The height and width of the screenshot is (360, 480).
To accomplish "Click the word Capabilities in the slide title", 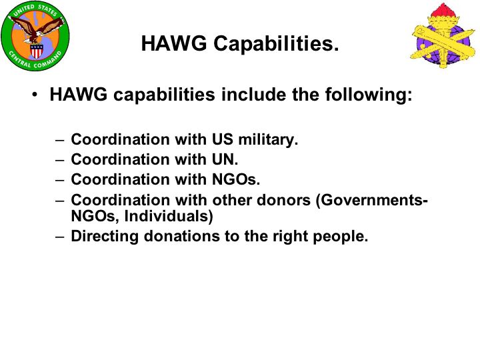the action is pyautogui.click(x=276, y=44).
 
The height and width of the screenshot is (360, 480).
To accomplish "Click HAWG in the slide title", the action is pyautogui.click(x=174, y=43).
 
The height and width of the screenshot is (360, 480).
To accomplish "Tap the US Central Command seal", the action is pyautogui.click(x=35, y=36).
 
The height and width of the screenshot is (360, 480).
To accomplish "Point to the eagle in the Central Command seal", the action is pyautogui.click(x=36, y=30).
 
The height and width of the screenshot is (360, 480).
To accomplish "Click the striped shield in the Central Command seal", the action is pyautogui.click(x=37, y=51).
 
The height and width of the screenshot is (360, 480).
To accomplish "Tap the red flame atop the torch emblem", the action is pyautogui.click(x=443, y=11).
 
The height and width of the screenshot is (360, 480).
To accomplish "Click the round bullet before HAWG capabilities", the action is pyautogui.click(x=35, y=95).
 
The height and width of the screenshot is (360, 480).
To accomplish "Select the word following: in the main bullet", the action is pyautogui.click(x=369, y=95).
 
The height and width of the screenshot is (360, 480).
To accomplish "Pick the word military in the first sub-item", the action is pyautogui.click(x=268, y=140).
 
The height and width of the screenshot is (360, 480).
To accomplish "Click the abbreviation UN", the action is pyautogui.click(x=225, y=159).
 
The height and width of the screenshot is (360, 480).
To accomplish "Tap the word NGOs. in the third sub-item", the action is pyautogui.click(x=236, y=179).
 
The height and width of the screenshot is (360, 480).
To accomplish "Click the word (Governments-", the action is pyautogui.click(x=371, y=201).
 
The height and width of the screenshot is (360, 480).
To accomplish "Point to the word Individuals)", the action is pyautogui.click(x=169, y=216).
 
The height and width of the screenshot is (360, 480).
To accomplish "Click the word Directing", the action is pyautogui.click(x=105, y=237).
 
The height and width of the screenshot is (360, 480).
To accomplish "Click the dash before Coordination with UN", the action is pyautogui.click(x=60, y=161).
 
